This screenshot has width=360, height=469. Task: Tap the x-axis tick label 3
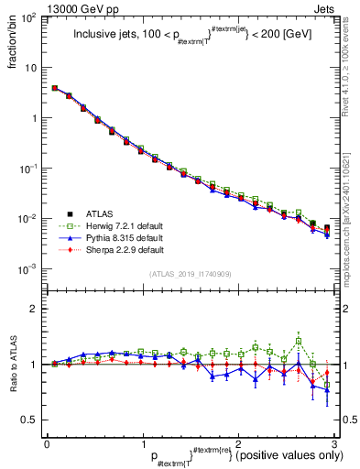point(336,443)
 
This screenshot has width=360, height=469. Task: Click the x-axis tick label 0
point(46,443)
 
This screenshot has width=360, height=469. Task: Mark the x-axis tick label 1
point(143,443)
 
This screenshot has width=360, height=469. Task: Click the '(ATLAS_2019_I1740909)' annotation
point(191,275)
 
